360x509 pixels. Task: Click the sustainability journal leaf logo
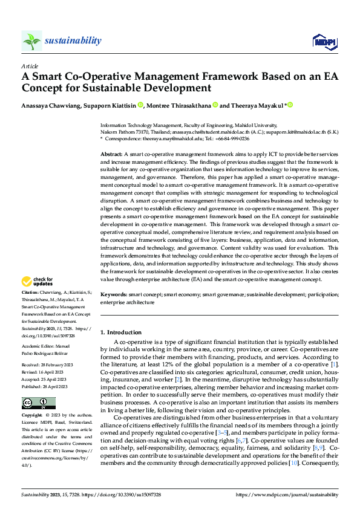pyautogui.click(x=31, y=41)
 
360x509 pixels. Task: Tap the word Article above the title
pyautogui.click(x=30, y=66)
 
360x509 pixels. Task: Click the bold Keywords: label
pyautogui.click(x=114, y=294)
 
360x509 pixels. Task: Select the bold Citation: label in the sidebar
pyautogui.click(x=31, y=291)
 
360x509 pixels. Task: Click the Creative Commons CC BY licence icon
pyautogui.click(x=38, y=403)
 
